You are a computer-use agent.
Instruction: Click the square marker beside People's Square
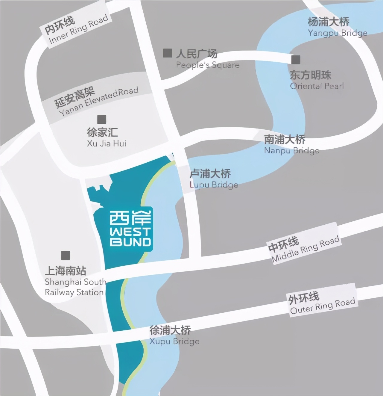[167, 53]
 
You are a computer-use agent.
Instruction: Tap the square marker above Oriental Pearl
[296, 60]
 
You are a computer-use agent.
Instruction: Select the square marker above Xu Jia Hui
[102, 120]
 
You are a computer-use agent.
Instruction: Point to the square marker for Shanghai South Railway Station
[66, 256]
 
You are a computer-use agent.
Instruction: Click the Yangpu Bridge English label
[338, 33]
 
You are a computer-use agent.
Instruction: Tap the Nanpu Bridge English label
[291, 150]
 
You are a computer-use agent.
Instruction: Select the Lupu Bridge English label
[214, 185]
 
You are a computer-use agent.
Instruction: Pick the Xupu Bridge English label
[174, 341]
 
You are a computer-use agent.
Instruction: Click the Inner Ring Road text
[78, 29]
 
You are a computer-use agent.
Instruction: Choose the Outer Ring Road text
[323, 306]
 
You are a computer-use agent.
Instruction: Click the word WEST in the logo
[130, 232]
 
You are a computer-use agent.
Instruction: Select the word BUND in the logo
[130, 242]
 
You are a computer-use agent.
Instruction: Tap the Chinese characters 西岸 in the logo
[130, 218]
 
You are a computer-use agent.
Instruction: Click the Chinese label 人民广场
[197, 54]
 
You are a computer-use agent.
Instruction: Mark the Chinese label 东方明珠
[311, 75]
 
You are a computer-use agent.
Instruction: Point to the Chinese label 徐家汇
[102, 132]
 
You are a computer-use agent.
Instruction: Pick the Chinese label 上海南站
[66, 270]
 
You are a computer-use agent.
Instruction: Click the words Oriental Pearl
[317, 86]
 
